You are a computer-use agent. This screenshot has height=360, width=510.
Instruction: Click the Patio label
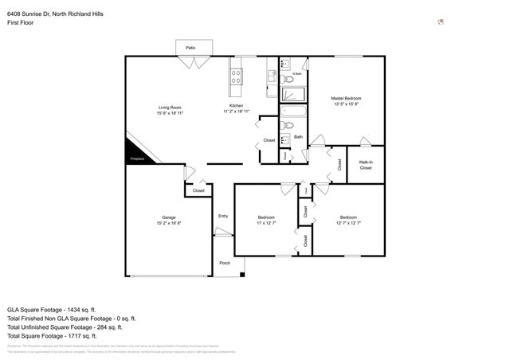pos(190,48)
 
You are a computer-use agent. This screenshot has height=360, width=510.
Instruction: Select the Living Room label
pos(170,107)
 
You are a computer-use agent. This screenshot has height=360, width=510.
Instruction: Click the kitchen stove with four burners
pos(237,76)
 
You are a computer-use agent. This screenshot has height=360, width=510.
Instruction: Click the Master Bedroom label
pos(347,99)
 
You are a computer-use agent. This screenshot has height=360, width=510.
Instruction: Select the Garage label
pos(169,217)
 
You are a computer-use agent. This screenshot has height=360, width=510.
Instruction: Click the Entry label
pos(223,216)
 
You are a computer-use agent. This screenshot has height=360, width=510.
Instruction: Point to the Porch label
pos(225,263)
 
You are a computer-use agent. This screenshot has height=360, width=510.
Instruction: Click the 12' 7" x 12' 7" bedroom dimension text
pos(349,223)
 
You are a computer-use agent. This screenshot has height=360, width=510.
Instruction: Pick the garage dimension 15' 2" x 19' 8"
pos(169,223)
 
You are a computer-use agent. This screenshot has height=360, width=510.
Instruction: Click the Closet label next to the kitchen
pos(269,140)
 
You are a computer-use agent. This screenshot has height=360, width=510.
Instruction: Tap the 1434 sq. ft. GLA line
pos(52,309)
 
